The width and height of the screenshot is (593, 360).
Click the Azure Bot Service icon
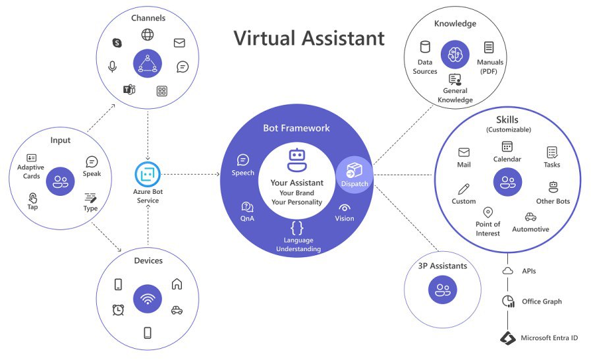point(148,175)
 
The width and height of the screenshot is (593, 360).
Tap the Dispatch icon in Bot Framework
point(354,169)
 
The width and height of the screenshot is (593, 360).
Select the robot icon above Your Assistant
point(297,160)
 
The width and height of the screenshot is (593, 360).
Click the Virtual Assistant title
point(309,38)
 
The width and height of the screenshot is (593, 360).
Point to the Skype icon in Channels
point(117,43)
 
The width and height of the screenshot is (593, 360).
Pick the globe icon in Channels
point(148,34)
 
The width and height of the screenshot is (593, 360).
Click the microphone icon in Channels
point(113,67)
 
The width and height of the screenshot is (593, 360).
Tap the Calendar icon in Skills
point(507,146)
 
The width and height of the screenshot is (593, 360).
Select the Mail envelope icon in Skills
point(464,152)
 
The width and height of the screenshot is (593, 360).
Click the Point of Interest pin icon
point(488,212)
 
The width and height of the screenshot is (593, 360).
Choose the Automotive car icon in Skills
point(530,217)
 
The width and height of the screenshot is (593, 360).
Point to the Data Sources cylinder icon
point(425,47)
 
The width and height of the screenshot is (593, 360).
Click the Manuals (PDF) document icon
point(489,47)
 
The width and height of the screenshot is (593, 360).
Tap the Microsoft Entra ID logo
point(507,338)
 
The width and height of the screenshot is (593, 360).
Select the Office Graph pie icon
point(507,301)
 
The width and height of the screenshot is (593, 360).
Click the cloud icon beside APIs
point(507,271)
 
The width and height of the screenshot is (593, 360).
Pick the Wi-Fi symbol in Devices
point(147,299)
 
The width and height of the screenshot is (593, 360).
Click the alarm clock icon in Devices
point(119,309)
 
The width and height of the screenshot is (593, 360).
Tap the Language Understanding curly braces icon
point(297,228)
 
